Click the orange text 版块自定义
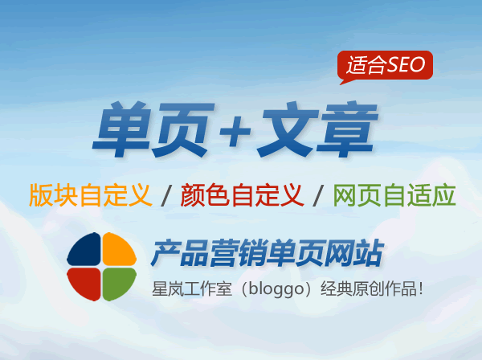point(90,195)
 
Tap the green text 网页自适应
point(394,195)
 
